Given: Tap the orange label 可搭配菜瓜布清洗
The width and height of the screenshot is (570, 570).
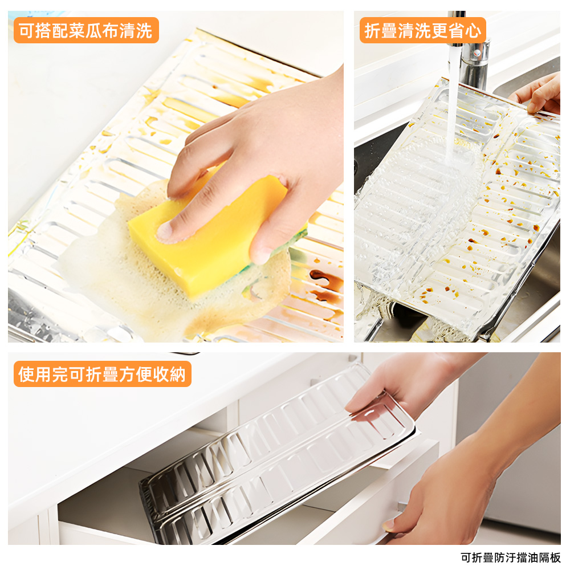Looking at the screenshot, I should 86,30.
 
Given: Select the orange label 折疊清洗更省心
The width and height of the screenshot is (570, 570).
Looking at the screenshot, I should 422,30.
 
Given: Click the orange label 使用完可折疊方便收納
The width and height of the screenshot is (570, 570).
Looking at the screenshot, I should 102,374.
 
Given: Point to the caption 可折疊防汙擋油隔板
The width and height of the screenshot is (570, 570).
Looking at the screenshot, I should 511,557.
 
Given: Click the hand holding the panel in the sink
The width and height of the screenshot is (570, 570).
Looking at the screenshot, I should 541,94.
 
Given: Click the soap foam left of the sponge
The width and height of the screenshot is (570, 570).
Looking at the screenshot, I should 91,256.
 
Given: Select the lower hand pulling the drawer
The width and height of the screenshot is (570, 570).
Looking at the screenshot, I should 450,496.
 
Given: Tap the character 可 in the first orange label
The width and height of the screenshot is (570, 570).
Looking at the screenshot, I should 26,30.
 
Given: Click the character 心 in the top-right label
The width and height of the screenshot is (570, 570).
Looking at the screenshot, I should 473,30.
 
